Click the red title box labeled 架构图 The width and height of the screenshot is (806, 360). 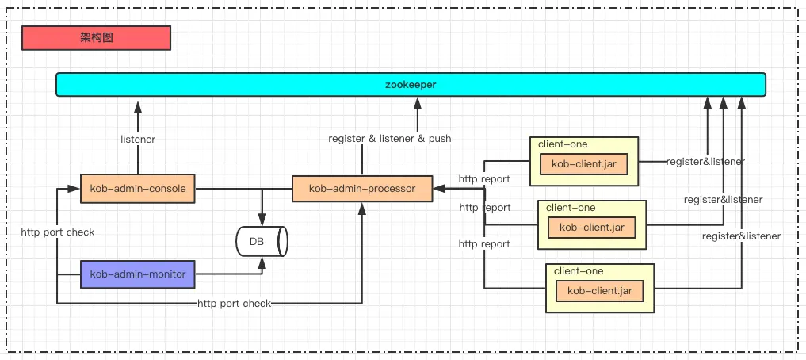(96, 37)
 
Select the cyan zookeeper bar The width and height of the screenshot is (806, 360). (411, 84)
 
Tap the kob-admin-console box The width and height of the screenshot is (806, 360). (138, 189)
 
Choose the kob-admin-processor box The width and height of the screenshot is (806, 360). (362, 189)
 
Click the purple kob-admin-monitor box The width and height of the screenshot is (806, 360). (138, 274)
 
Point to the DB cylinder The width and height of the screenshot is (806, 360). (262, 241)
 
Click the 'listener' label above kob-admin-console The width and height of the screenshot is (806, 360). (138, 140)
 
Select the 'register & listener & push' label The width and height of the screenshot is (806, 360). (390, 139)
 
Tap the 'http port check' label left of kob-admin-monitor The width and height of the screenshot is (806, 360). (57, 232)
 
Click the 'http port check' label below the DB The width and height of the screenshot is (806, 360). (234, 304)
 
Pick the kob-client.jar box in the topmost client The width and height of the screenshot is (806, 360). (583, 164)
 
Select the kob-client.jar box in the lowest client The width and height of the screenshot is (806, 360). (599, 291)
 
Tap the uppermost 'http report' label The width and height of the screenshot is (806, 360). (484, 179)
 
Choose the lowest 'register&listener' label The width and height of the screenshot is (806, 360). (741, 236)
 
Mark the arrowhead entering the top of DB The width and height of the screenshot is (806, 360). (262, 220)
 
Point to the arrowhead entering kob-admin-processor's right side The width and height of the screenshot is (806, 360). (438, 189)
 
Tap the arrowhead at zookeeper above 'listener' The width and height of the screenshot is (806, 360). (138, 105)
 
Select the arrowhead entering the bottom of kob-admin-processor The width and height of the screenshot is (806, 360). (362, 208)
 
